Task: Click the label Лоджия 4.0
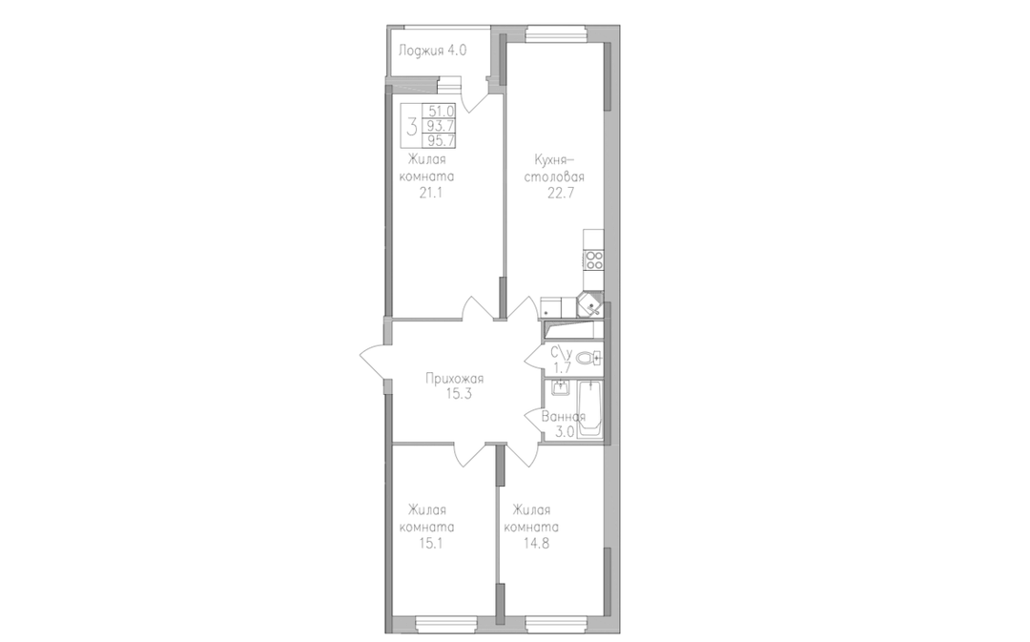(x=432, y=50)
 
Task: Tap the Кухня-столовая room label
(x=559, y=168)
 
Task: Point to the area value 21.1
(x=430, y=194)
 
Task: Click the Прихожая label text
(x=454, y=379)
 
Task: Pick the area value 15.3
(x=454, y=394)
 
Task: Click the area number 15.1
(x=430, y=544)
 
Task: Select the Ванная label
(x=564, y=417)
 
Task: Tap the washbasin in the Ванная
(x=561, y=388)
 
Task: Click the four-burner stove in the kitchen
(x=594, y=260)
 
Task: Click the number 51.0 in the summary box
(x=442, y=112)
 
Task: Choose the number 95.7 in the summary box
(x=442, y=140)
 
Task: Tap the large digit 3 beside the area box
(x=412, y=126)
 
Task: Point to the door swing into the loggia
(x=475, y=97)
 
